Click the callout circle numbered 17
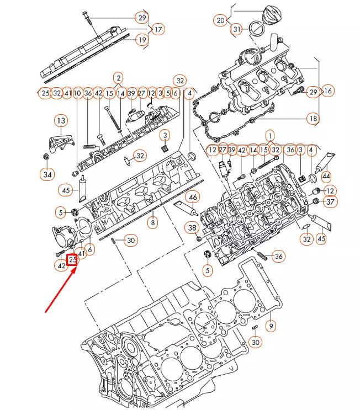(158, 29)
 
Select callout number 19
(142, 40)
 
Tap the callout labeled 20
(221, 21)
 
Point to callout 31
(236, 29)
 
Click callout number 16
(328, 91)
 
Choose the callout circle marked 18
(313, 119)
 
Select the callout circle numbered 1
(270, 135)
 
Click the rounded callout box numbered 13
(60, 121)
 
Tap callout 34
(47, 174)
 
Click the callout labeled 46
(193, 197)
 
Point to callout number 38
(192, 227)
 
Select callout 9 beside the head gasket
(271, 326)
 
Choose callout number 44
(326, 176)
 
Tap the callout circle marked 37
(330, 203)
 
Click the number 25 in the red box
(72, 259)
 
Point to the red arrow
(61, 287)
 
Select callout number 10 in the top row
(77, 93)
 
